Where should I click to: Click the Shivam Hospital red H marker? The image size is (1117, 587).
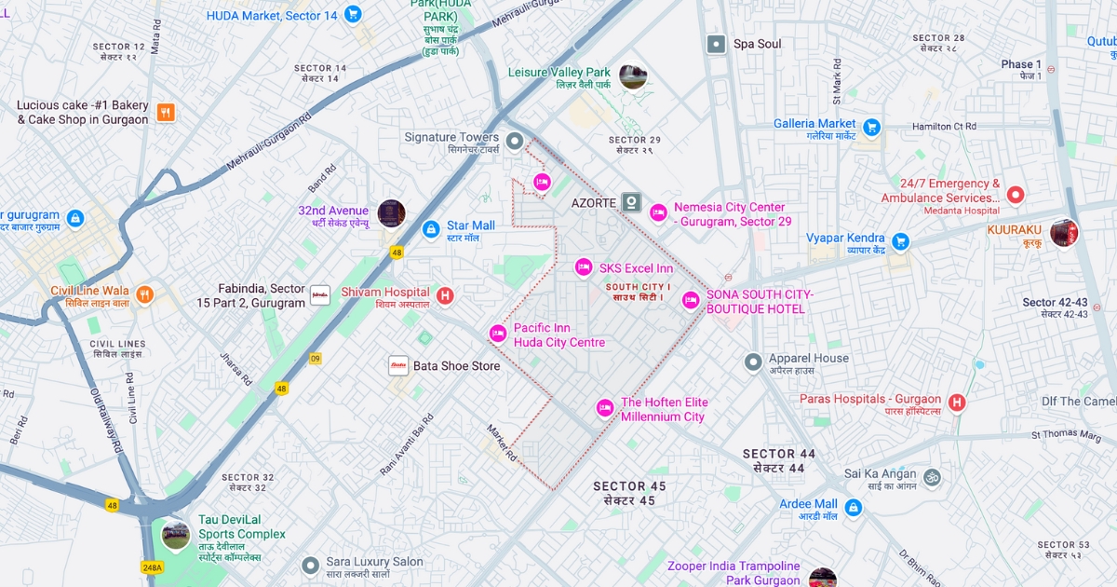coord(445,296)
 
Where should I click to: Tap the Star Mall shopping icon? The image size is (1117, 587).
coord(430,229)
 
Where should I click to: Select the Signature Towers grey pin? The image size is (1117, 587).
coord(515,141)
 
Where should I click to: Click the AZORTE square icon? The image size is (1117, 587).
coord(632,202)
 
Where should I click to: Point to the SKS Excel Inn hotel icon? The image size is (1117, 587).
coord(584,268)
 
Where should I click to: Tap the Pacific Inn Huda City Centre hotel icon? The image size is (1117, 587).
coord(498,334)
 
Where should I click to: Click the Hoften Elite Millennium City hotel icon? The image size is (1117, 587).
coord(605,408)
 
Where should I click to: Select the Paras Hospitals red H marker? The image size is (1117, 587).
coord(957,403)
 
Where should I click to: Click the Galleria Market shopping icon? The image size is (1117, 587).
coord(871,127)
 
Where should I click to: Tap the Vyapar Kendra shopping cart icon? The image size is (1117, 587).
coord(900,242)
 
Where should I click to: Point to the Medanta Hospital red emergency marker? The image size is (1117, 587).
coord(1016,195)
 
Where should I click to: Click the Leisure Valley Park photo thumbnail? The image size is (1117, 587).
coord(633,77)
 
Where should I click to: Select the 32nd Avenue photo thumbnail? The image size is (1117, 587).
coord(391,213)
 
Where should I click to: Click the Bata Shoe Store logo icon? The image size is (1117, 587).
coord(398,365)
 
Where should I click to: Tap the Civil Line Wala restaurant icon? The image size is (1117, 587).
coord(144,295)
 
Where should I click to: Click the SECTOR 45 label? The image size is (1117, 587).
coord(629,486)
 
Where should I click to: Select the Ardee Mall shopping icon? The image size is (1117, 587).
coord(853,509)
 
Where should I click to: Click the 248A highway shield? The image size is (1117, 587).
coord(153,567)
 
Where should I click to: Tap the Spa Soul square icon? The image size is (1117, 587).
coord(716,44)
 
